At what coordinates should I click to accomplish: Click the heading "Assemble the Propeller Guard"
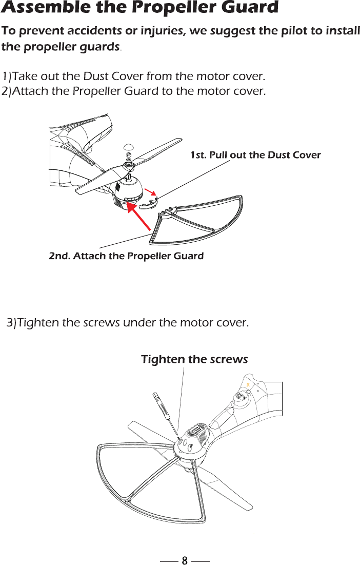[x=140, y=8]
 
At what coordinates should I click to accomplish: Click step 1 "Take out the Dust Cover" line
[x=134, y=77]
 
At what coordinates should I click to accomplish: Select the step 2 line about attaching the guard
[x=134, y=92]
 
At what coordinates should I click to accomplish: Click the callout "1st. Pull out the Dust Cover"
[x=255, y=155]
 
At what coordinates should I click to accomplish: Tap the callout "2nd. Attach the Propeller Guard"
[x=126, y=256]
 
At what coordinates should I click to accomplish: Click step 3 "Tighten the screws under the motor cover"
[x=128, y=323]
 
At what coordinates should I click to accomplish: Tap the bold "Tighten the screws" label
[x=194, y=359]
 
